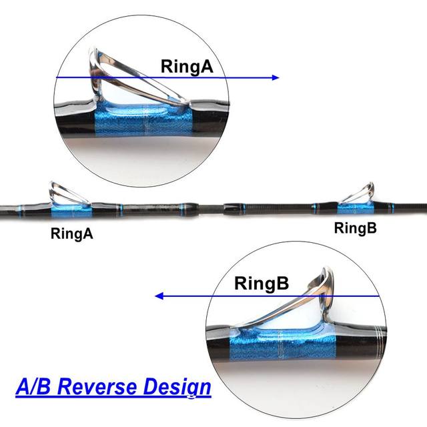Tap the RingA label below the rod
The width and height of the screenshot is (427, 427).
tap(71, 234)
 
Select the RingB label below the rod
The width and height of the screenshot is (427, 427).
tap(355, 228)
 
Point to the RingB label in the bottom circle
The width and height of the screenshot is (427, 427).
tap(262, 284)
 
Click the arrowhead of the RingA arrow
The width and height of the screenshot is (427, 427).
tap(276, 78)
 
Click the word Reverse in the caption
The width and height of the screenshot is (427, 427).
tap(110, 386)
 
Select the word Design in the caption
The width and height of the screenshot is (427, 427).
tap(177, 386)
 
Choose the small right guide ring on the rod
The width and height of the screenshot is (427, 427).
tap(356, 191)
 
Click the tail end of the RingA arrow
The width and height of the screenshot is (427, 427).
tap(57, 78)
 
